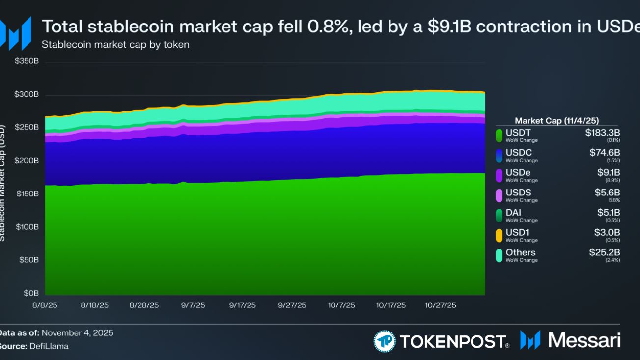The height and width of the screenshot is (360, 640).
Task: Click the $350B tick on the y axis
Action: (x=28, y=62)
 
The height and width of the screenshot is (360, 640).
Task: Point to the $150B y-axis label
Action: (x=28, y=194)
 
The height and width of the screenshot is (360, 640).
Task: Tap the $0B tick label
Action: (x=31, y=293)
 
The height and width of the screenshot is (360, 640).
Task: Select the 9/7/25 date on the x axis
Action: (x=193, y=305)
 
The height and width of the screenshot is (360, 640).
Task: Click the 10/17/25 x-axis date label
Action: (x=391, y=305)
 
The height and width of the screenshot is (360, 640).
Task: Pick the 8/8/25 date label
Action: (x=45, y=305)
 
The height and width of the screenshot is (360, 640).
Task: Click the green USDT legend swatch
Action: (x=499, y=135)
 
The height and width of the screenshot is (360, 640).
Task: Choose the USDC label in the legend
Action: (x=519, y=153)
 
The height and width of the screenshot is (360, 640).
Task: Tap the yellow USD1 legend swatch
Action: (x=499, y=235)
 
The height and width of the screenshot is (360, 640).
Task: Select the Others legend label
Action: (x=521, y=252)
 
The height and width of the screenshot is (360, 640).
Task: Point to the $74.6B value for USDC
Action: (x=605, y=153)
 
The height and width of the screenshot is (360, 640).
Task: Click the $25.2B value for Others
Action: (x=605, y=252)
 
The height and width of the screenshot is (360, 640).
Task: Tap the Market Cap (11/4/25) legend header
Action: (x=557, y=121)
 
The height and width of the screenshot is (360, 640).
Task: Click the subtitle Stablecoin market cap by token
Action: (x=115, y=45)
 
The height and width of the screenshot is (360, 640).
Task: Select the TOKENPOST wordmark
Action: (x=452, y=341)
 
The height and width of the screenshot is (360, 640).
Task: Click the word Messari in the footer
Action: (x=584, y=340)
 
